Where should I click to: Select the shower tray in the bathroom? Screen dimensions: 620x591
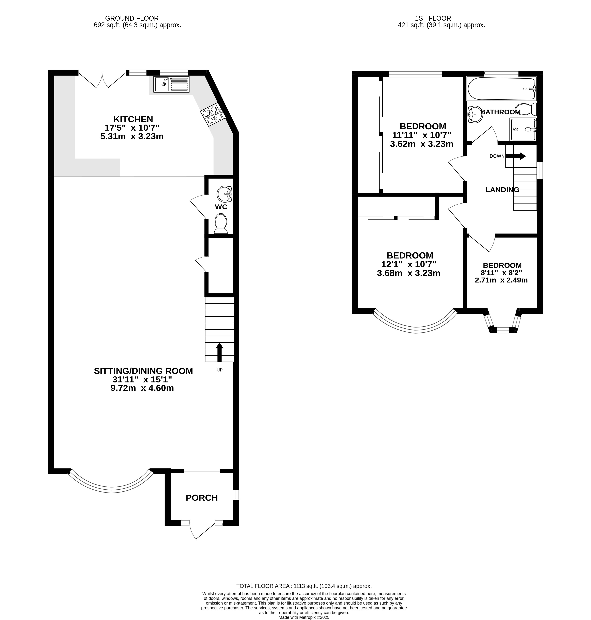click(x=523, y=130)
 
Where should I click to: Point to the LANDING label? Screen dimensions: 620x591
click(x=502, y=190)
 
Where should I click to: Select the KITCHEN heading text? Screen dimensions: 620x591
click(x=133, y=119)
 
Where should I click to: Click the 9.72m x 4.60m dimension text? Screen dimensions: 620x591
click(x=142, y=388)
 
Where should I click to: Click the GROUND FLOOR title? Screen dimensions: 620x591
click(x=132, y=18)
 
